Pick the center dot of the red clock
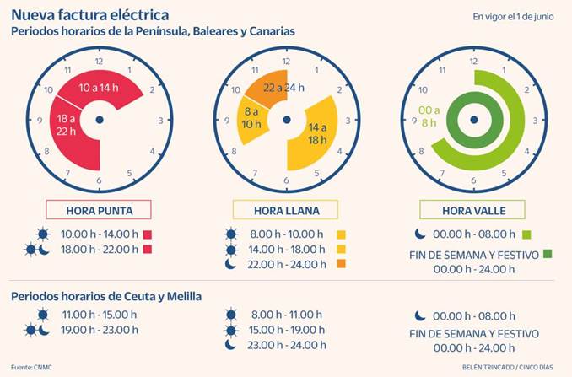(x=99, y=120)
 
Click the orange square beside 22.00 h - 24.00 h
(x=342, y=265)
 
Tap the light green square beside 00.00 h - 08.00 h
(x=527, y=234)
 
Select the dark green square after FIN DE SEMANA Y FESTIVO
(x=548, y=253)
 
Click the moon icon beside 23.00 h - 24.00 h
(x=230, y=345)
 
